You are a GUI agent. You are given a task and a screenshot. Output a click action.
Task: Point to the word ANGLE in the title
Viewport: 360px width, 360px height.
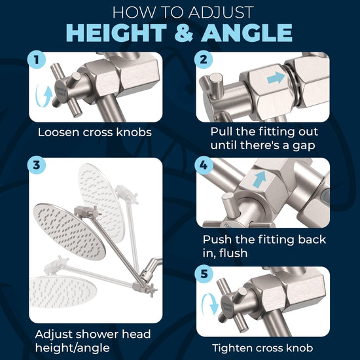(248, 33)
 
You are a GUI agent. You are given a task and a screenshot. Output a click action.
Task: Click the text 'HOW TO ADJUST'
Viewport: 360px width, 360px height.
(179, 11)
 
